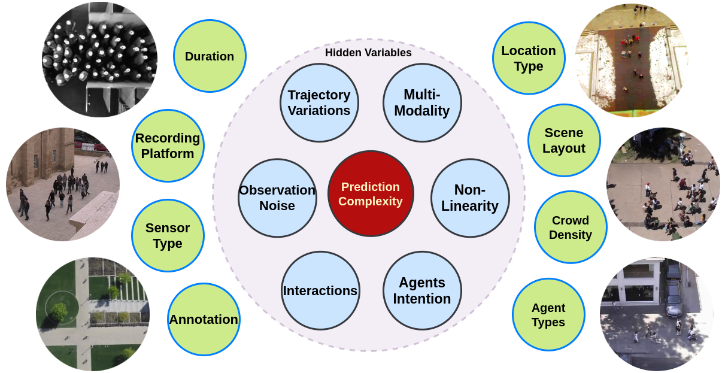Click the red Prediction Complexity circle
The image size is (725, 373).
click(371, 193)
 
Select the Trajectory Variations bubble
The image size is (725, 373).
click(319, 102)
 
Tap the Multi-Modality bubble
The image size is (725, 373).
click(422, 102)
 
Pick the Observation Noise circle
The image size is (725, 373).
click(277, 198)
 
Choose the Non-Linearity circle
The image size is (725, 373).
click(470, 198)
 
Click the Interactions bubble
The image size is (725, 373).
click(320, 290)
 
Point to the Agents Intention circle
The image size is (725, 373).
click(422, 290)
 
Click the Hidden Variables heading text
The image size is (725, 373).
click(368, 53)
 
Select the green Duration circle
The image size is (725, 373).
click(210, 56)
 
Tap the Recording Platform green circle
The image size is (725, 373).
click(168, 145)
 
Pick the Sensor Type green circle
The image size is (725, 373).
click(168, 235)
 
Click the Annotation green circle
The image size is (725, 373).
click(204, 319)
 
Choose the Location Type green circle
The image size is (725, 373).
click(529, 58)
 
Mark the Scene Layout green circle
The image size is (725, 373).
click(564, 140)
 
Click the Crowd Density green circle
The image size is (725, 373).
click(571, 227)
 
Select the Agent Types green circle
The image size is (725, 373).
click(548, 314)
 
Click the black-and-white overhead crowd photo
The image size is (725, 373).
click(99, 60)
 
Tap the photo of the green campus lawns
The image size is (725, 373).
click(93, 314)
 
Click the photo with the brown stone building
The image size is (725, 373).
click(63, 184)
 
